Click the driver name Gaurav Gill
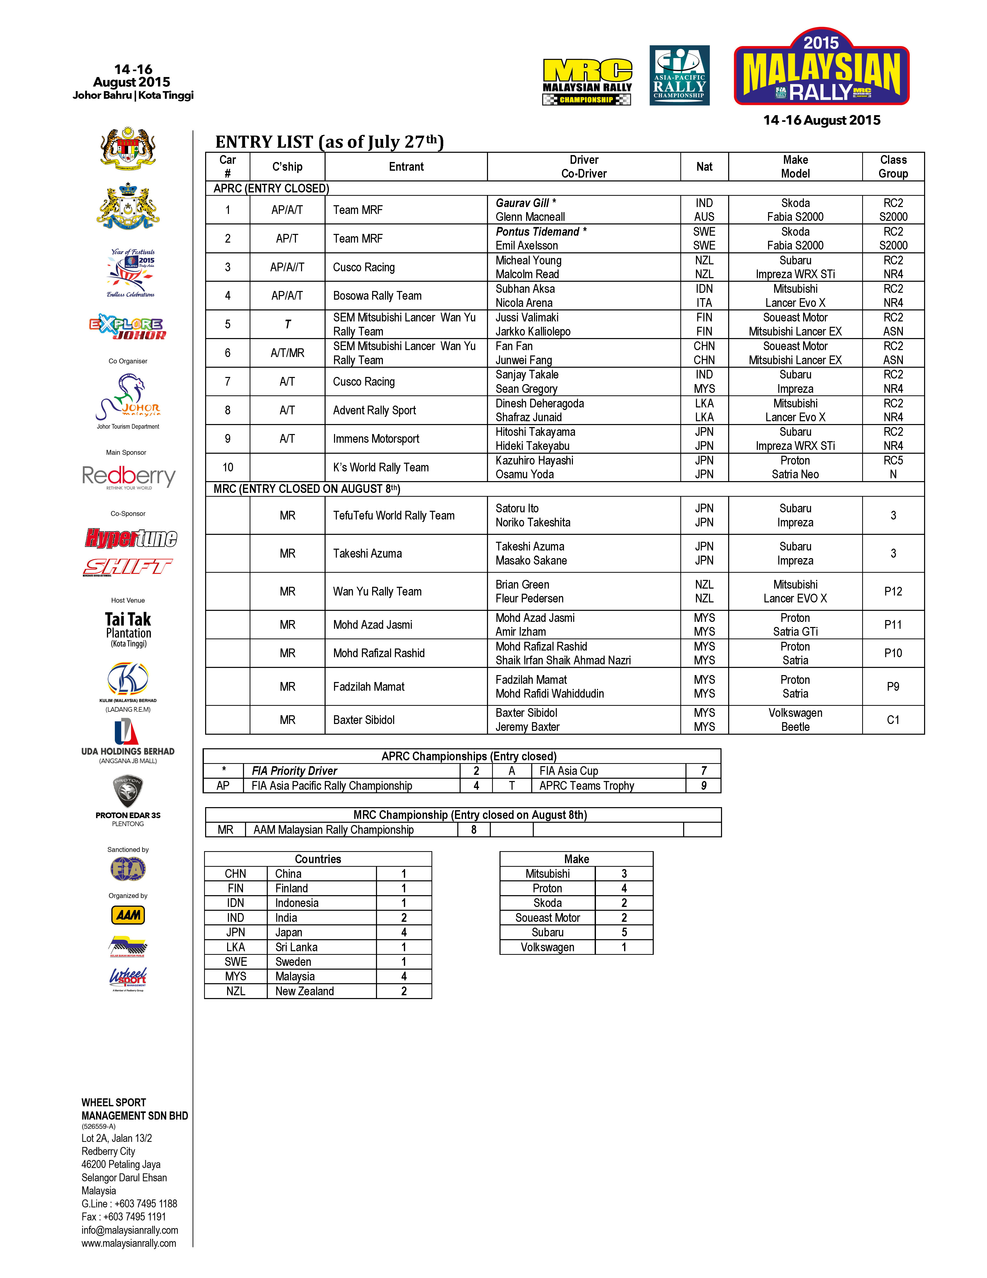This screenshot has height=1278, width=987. pos(522,203)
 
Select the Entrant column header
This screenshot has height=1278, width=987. pos(406,167)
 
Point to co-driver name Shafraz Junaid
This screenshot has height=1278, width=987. pos(529,417)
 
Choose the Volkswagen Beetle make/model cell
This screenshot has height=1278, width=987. pos(795,720)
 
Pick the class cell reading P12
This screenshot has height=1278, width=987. pos(893,592)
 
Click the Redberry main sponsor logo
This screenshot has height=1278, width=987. pos(129,477)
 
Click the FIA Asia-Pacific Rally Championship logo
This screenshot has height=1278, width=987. pos(679,75)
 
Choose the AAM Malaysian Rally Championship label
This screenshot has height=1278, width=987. pos(333,830)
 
